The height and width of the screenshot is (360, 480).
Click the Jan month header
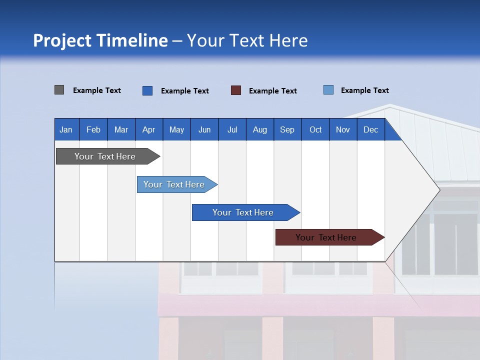[x=66, y=129]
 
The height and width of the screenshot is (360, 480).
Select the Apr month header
[x=149, y=129]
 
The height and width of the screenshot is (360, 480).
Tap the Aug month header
[x=259, y=129]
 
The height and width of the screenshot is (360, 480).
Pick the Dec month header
[x=370, y=129]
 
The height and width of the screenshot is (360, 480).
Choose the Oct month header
[x=315, y=129]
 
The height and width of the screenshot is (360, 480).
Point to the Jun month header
[x=204, y=129]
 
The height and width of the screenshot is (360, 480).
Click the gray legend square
[x=59, y=90]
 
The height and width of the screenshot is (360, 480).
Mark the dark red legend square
[x=236, y=90]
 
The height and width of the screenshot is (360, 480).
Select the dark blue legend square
[x=147, y=90]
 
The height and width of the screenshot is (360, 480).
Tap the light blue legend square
[x=328, y=90]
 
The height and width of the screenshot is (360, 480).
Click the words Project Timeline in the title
[x=100, y=40]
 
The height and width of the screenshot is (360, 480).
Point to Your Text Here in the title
[x=247, y=40]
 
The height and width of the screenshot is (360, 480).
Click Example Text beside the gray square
[x=97, y=90]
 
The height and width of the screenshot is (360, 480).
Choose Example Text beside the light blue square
[x=364, y=90]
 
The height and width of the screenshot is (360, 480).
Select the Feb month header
[x=93, y=129]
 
